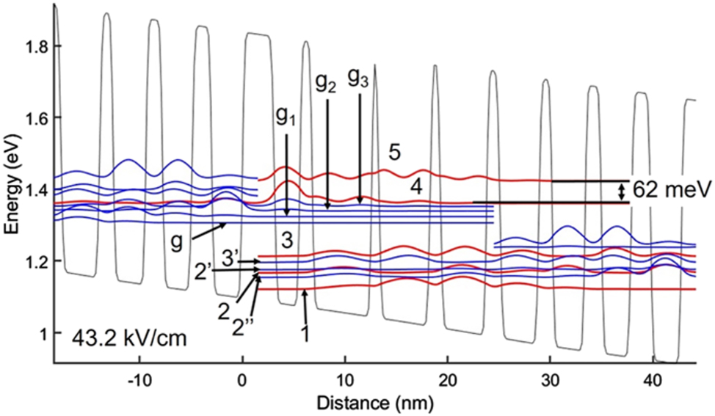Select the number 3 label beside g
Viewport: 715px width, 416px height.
(x=288, y=240)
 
